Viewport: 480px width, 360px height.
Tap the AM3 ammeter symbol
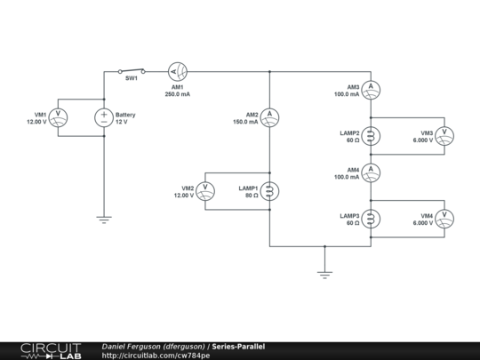tap(373, 86)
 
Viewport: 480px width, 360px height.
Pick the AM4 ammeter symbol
tap(373, 172)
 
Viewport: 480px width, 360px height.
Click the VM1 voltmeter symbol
tap(59, 116)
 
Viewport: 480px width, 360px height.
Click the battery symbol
tap(104, 116)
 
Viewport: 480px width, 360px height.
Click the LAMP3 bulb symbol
tap(373, 219)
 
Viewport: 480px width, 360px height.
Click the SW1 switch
tap(131, 70)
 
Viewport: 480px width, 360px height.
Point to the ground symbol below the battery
tap(104, 219)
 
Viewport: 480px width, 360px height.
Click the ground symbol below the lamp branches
tap(324, 275)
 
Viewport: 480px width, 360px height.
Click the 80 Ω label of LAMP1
tap(251, 196)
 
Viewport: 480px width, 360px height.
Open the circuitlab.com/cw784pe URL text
tap(156, 356)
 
